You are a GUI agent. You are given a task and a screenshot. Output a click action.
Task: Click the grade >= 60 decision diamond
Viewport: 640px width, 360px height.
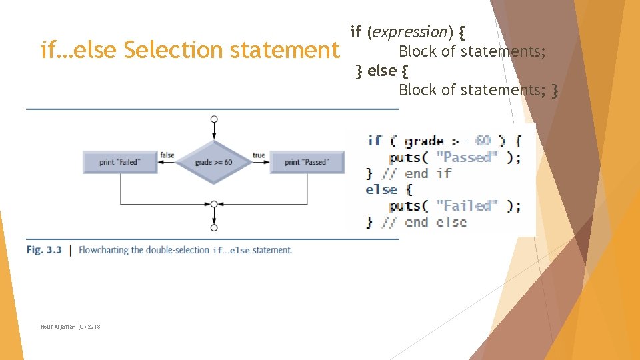(213, 162)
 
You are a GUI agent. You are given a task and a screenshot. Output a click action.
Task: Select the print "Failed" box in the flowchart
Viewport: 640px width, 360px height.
(120, 162)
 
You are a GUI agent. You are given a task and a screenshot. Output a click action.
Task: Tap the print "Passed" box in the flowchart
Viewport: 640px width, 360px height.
(306, 162)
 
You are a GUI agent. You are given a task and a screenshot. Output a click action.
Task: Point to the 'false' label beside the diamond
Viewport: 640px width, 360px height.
(167, 155)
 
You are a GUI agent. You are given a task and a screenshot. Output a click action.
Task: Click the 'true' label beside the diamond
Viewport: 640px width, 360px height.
(259, 155)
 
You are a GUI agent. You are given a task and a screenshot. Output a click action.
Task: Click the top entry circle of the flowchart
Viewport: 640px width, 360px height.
(213, 119)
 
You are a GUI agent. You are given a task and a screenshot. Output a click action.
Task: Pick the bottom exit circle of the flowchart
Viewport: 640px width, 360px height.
(213, 227)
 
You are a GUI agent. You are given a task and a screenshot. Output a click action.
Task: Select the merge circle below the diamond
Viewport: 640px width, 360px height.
(213, 204)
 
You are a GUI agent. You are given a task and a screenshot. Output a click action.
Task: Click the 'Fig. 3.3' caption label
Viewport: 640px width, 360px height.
(44, 250)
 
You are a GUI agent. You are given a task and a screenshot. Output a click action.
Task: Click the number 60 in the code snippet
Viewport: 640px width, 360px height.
(483, 141)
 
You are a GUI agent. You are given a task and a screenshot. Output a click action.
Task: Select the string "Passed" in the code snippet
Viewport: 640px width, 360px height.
(467, 157)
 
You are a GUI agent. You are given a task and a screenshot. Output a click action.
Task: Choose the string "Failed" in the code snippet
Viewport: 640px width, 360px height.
(467, 205)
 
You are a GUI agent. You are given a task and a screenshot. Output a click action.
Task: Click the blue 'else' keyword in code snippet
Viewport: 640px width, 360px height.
(381, 189)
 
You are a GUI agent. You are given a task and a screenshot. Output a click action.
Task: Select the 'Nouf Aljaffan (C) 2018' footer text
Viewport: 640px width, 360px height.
(70, 326)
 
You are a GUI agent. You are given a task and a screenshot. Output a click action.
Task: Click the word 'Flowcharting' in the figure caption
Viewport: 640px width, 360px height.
(104, 250)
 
